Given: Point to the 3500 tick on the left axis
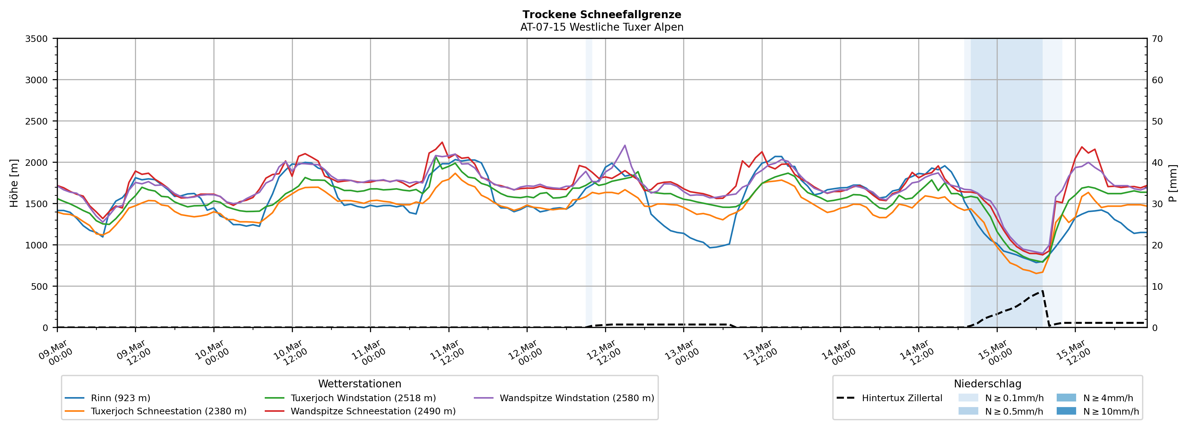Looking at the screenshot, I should click(37, 39).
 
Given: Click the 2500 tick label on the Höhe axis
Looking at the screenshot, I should click(37, 121).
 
